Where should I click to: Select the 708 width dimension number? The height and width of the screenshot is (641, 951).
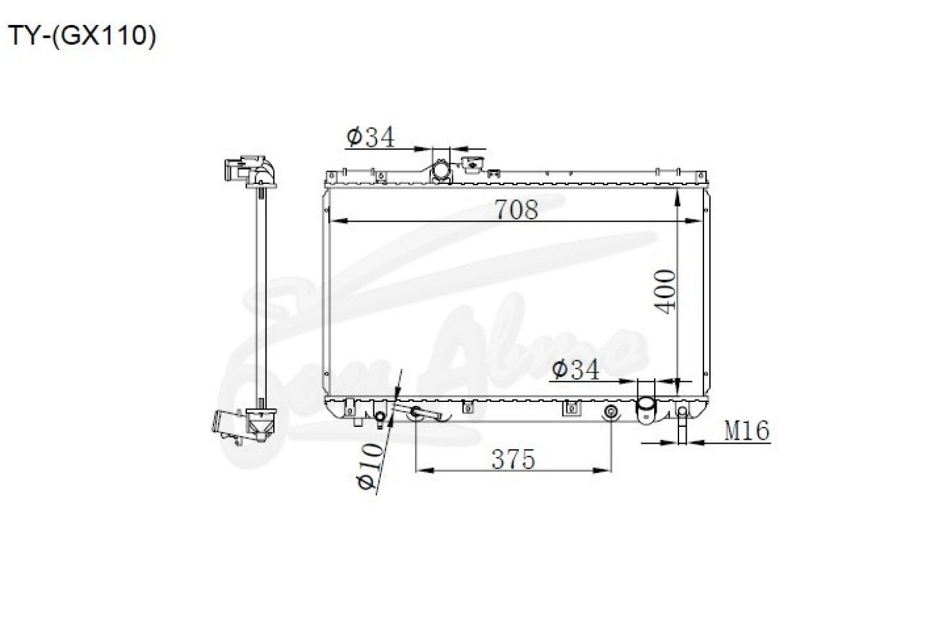517,209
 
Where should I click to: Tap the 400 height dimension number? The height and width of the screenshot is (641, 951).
665,292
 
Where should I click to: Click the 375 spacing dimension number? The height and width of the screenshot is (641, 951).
513,460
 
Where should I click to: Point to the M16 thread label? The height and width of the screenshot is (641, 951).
747,431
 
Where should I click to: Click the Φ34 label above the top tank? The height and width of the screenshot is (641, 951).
371,137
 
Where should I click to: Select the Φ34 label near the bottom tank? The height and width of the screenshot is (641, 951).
575,369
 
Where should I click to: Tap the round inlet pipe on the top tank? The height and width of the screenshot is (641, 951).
441,171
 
